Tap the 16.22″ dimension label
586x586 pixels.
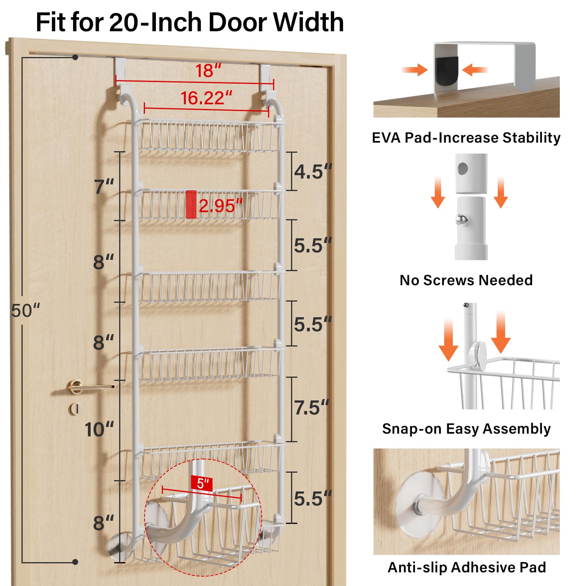[x=206, y=98]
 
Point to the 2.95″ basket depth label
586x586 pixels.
[x=221, y=205]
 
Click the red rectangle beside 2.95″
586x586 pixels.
[x=191, y=204]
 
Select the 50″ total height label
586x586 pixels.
[x=26, y=311]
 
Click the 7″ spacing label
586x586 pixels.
[x=104, y=186]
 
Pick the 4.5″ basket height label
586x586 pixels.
[x=313, y=172]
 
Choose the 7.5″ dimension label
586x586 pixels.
[x=312, y=407]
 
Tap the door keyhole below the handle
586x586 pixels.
[x=74, y=409]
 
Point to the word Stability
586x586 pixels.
[x=531, y=138]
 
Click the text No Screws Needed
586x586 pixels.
[x=466, y=280]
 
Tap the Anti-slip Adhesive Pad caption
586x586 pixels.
[x=467, y=567]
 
